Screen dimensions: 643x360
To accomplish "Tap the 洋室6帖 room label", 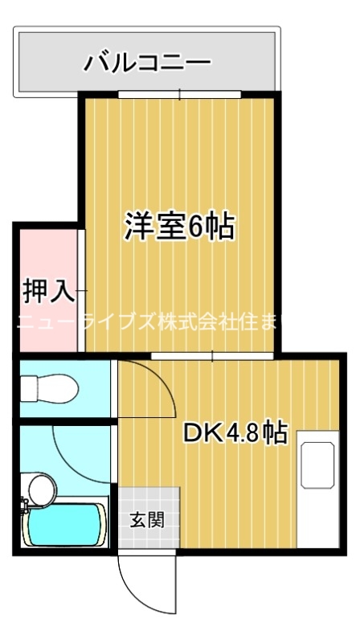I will (178, 227).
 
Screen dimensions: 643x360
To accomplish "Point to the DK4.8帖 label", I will (235, 433).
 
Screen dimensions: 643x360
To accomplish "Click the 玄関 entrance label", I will (146, 519).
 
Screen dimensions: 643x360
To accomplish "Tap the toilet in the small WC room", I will (48, 389).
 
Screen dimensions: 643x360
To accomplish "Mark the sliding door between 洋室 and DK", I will (212, 354).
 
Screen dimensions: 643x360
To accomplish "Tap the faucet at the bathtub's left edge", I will (25, 506).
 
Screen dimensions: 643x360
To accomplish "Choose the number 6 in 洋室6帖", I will (194, 227).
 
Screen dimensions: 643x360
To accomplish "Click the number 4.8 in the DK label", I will (242, 433).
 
